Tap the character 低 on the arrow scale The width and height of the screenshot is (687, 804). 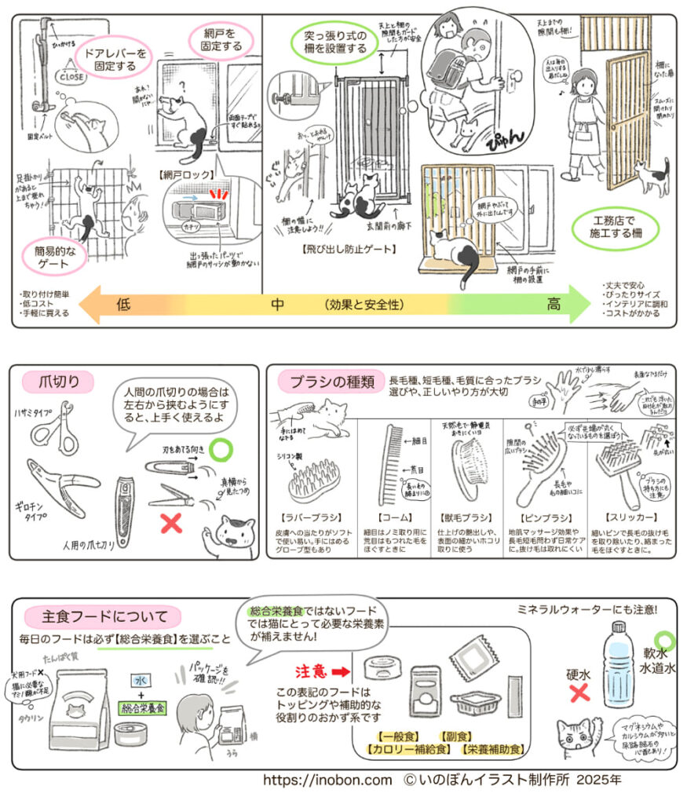[x=123, y=304]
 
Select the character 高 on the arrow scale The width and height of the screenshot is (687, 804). [x=554, y=304]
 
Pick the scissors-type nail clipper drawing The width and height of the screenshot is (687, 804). [x=54, y=429]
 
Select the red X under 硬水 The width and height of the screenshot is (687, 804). [x=579, y=693]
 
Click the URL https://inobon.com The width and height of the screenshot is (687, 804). [x=327, y=780]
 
